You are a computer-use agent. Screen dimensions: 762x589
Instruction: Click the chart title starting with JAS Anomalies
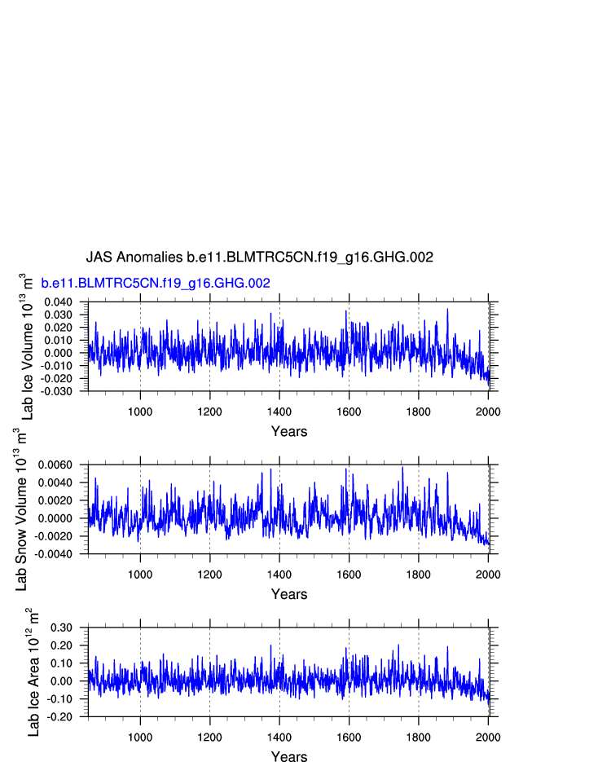[259, 258]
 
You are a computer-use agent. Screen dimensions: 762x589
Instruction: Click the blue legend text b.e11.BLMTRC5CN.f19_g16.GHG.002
[156, 284]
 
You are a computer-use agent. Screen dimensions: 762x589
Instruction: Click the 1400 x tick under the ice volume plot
[279, 410]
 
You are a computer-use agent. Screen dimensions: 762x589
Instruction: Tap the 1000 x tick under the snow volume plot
[140, 573]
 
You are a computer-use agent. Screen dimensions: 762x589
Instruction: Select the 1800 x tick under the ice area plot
[419, 736]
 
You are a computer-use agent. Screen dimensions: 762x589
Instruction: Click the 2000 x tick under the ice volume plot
[488, 410]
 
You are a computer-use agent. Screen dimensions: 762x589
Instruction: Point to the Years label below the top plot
[289, 431]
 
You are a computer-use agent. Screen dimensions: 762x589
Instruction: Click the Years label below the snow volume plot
[289, 594]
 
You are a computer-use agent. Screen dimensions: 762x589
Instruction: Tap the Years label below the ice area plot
[289, 757]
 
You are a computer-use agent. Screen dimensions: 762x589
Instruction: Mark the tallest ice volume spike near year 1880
[447, 310]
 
